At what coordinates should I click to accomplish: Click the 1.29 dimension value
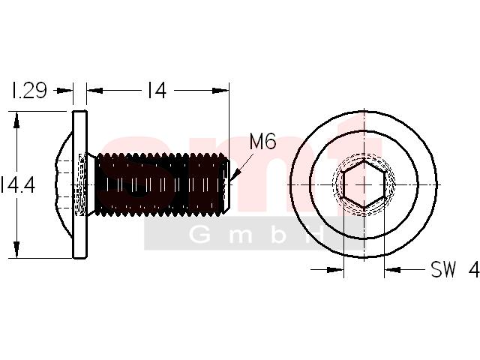coord(28,90)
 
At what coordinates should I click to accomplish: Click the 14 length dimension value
coord(157,90)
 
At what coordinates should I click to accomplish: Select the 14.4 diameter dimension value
coord(18,185)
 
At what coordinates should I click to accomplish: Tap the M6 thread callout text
coord(262,141)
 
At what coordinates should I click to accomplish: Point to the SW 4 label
coord(455,269)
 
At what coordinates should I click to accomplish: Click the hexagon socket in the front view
coord(364,185)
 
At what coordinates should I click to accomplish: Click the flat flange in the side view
coord(80,184)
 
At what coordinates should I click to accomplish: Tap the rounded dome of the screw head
coord(64,184)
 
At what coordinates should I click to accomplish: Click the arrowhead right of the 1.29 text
coord(64,90)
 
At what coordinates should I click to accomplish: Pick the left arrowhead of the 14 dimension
coord(94,90)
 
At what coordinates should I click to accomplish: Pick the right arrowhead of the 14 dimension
coord(220,90)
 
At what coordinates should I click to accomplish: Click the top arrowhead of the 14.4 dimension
coord(16,120)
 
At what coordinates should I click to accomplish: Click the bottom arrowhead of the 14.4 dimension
coord(16,250)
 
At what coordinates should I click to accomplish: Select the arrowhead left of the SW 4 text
coord(392,270)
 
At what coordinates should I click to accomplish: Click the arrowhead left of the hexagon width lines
coord(335,270)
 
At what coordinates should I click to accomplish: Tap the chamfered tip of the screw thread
coord(226,184)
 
